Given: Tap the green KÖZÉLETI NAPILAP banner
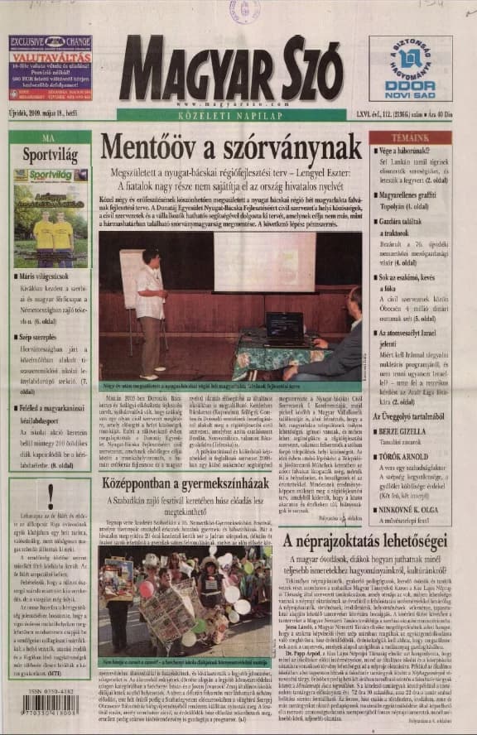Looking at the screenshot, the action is (x=238, y=116).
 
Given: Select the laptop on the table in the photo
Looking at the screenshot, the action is (x=284, y=326).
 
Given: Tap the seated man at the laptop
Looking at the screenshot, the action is (x=343, y=335).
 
